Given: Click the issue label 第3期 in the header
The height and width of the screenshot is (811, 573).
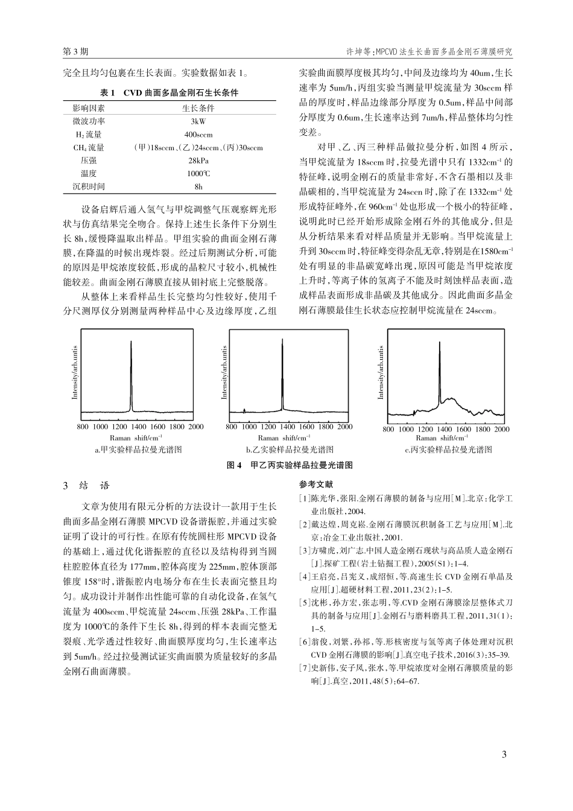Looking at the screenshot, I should tap(75, 52).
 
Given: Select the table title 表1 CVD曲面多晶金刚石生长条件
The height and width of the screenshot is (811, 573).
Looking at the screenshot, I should tap(169, 93).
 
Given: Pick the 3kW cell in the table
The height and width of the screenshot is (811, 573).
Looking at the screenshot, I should tap(198, 121).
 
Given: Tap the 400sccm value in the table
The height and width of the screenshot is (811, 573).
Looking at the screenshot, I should tap(198, 135).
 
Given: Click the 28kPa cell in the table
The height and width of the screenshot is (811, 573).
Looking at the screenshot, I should tap(198, 161).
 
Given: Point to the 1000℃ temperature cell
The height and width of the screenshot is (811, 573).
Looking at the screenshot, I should tap(198, 174).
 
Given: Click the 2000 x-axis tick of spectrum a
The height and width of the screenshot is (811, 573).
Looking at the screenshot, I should tap(196, 427).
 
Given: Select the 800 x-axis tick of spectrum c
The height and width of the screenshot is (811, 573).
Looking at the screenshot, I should tap(388, 430).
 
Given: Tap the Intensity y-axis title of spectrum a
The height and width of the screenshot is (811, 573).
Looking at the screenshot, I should tap(75, 373).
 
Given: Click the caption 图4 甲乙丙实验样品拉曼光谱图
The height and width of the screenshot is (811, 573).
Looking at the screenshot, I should tap(289, 465).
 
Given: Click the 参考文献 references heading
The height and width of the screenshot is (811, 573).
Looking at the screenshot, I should tap(315, 485).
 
